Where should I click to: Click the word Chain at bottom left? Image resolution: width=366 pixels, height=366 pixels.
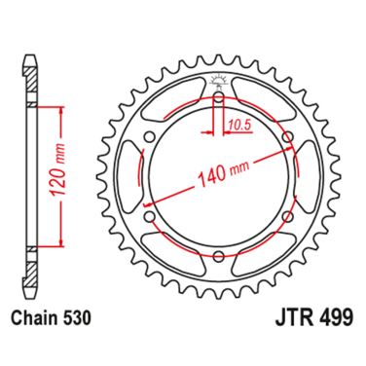(x=35, y=317)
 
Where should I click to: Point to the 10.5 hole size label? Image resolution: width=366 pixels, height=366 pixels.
(x=241, y=126)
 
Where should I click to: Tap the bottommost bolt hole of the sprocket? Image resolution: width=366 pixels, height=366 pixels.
(x=217, y=256)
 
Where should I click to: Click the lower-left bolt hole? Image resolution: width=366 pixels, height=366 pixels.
(x=149, y=216)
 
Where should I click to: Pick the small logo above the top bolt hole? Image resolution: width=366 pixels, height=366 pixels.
(x=217, y=81)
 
